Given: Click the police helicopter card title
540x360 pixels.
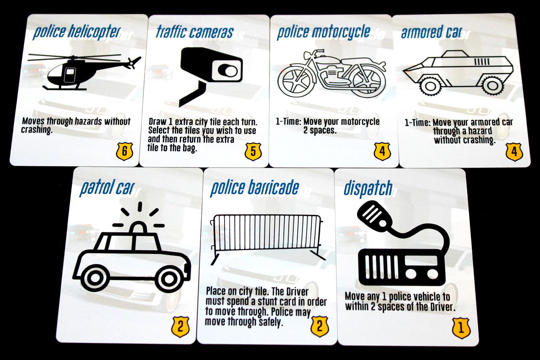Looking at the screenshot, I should (x=76, y=32).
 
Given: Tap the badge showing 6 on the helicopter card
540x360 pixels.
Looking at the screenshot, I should (x=124, y=151).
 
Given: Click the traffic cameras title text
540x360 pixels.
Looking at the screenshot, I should (x=194, y=32).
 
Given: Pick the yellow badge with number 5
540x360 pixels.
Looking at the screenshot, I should (x=253, y=151).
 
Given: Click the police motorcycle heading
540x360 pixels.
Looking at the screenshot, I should (x=324, y=32).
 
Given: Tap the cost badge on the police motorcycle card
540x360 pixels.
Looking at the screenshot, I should (x=383, y=151).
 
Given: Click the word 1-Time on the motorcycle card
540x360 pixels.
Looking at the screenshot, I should (x=287, y=122).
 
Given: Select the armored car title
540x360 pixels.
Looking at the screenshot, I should (x=431, y=32).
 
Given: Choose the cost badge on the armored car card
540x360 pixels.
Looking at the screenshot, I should (x=514, y=151).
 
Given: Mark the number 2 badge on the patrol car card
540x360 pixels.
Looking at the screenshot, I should (x=180, y=327).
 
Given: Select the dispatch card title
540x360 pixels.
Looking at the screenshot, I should (x=368, y=188).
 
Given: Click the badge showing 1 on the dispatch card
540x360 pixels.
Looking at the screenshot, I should (x=461, y=328).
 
